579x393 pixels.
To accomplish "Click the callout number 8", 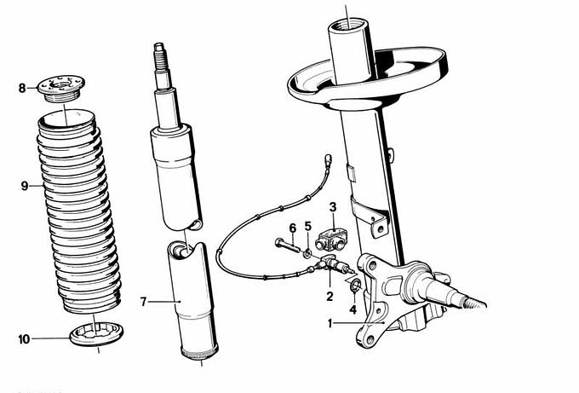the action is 22,89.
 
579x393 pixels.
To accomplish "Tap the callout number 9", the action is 25,186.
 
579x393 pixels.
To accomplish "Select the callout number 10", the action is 24,339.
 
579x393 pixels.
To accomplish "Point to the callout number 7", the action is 144,302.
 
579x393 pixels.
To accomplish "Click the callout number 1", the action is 330,324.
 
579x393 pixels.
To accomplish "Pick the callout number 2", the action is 330,296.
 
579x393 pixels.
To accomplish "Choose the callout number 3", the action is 333,207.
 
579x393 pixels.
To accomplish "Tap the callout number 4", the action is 353,309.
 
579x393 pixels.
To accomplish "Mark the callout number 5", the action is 308,226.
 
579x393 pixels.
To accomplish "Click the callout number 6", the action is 292,228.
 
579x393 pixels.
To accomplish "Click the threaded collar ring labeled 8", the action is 61,90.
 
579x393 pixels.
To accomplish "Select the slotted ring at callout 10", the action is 97,333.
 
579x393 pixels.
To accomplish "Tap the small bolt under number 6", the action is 287,246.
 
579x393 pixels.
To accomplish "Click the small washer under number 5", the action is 307,254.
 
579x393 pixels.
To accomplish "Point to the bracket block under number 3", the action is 331,239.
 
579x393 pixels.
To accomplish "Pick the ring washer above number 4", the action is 356,285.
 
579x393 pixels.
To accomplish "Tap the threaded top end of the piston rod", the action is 161,56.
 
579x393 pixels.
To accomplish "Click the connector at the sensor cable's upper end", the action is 328,159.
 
